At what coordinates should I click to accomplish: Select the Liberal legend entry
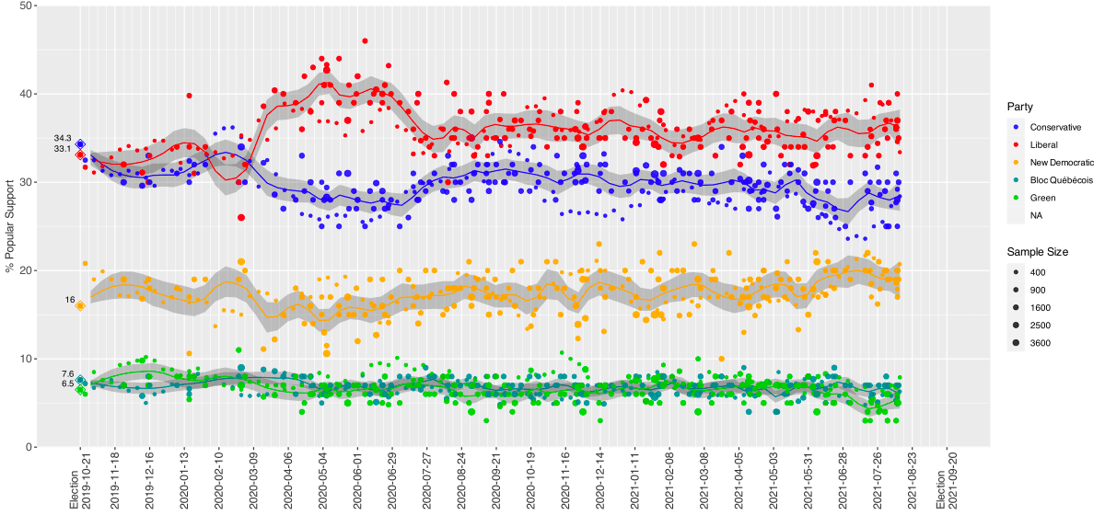tap(1043, 144)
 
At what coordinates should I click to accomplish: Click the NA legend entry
tap(1037, 215)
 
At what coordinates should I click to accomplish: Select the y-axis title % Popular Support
tap(8, 226)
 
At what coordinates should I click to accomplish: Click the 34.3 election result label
tap(63, 138)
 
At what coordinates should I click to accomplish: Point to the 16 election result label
tap(69, 300)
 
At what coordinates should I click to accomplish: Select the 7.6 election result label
tap(66, 373)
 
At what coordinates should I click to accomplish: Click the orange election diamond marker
tap(80, 305)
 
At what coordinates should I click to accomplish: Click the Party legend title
tap(1019, 107)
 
